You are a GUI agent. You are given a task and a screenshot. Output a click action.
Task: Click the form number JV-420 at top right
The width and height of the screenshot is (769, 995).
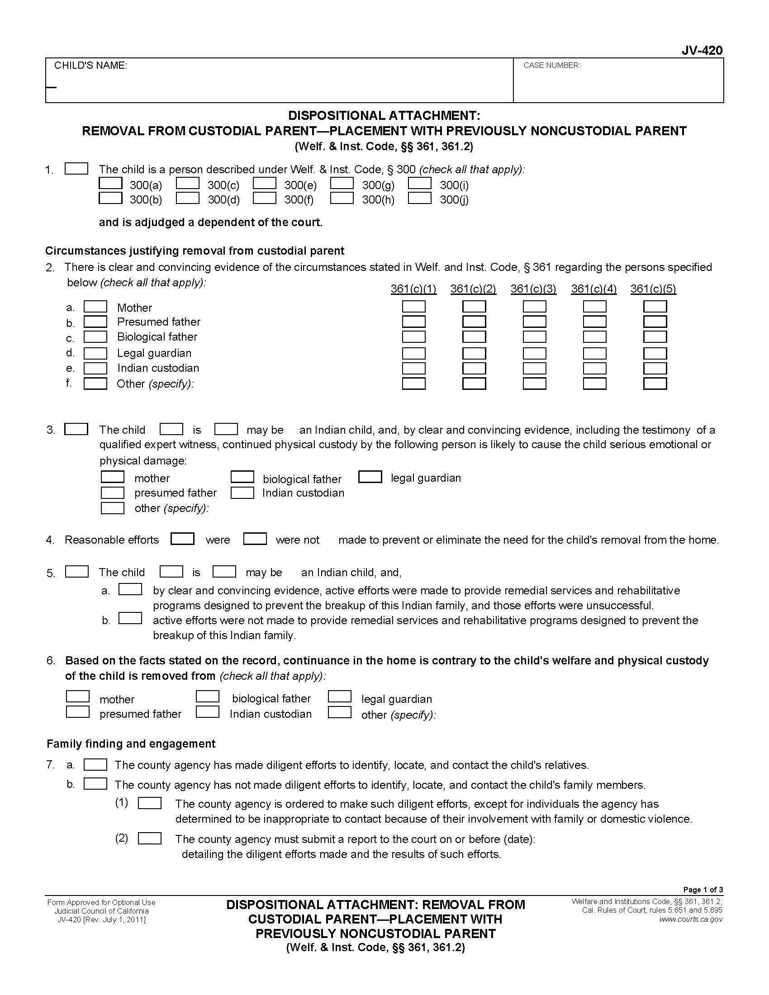tap(702, 51)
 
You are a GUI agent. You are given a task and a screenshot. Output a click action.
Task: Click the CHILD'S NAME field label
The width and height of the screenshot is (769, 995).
tap(90, 66)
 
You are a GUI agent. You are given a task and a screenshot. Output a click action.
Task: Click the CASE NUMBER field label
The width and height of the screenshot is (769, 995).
tap(552, 66)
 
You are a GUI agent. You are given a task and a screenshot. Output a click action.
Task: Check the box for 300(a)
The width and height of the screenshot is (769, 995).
tap(110, 183)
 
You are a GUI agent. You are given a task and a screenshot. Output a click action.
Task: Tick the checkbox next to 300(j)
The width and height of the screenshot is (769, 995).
tap(420, 198)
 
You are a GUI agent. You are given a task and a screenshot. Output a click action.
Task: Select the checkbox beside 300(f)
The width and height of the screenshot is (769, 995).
tap(265, 198)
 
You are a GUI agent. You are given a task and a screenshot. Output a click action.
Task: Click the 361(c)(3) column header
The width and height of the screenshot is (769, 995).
tap(533, 289)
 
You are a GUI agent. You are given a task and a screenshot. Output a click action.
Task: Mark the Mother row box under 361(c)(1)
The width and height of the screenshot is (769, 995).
tap(413, 307)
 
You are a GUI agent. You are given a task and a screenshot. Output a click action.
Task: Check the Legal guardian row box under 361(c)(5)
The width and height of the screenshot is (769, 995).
tap(655, 354)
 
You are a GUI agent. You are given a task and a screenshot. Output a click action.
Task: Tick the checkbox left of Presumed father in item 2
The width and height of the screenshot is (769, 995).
tap(95, 322)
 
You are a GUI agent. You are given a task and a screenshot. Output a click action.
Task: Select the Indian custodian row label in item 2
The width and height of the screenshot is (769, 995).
tap(157, 368)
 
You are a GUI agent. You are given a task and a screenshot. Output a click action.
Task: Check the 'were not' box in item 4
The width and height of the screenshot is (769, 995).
tap(255, 539)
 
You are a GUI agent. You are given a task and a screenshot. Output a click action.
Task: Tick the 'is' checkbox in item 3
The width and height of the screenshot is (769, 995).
tap(171, 429)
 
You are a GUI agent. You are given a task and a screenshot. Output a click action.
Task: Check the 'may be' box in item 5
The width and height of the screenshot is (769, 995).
tap(224, 571)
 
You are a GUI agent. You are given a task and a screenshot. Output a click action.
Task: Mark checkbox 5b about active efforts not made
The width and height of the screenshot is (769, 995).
tap(130, 619)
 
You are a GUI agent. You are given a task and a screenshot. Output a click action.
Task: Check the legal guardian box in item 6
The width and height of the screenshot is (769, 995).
tap(339, 697)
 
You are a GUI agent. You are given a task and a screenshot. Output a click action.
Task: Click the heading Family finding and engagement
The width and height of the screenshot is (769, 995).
tap(131, 744)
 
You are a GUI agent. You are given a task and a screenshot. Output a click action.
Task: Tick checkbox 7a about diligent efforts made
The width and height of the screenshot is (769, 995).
tap(95, 764)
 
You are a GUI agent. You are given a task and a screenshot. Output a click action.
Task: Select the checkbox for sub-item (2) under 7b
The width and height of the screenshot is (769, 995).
tap(149, 838)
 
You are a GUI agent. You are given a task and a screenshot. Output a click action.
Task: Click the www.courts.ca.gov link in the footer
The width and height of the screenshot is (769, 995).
tap(691, 919)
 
